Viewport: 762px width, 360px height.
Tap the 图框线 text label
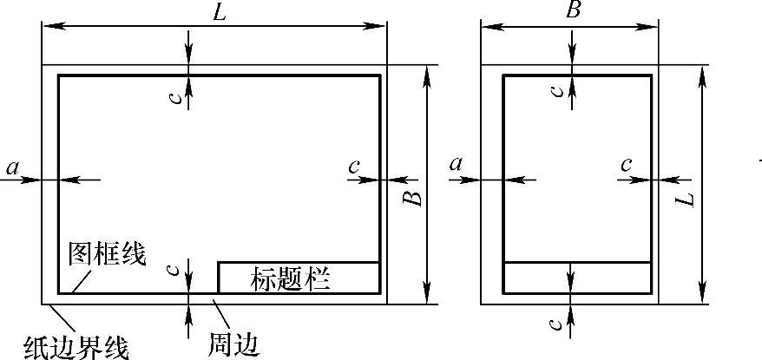[x=107, y=254]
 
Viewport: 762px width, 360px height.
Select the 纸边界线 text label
[x=76, y=347]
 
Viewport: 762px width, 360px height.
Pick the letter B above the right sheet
[x=572, y=10]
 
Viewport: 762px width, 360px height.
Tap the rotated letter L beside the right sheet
[x=686, y=199]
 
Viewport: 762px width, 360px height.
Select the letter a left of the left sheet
[x=12, y=167]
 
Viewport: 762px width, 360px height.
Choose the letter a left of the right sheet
[x=457, y=164]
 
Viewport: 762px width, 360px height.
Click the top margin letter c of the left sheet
[x=176, y=97]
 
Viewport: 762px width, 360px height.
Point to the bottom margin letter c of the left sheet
[x=176, y=270]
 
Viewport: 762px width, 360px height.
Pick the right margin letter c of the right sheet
[x=627, y=165]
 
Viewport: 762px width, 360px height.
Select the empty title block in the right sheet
[x=577, y=278]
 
